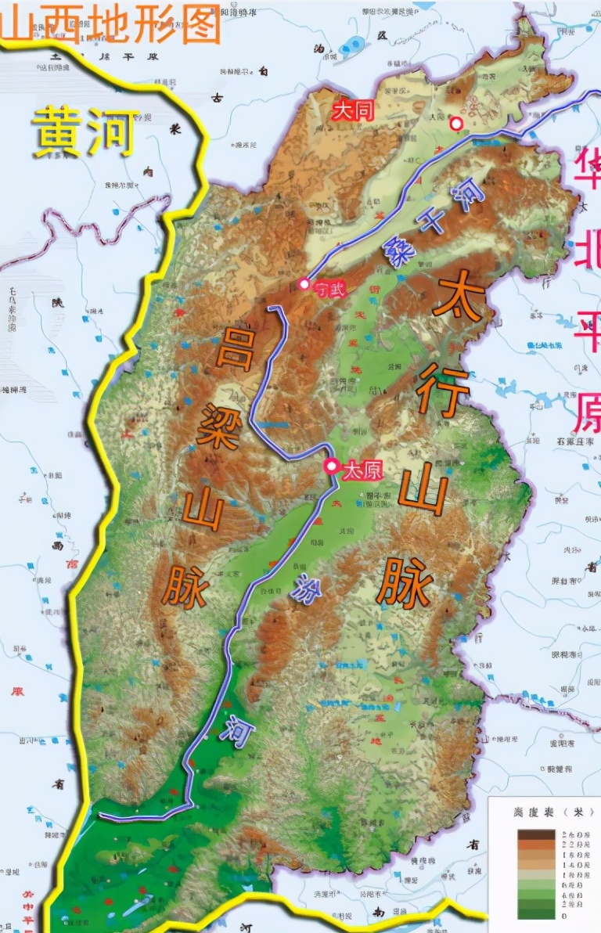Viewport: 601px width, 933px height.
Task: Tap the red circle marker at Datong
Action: (x=455, y=123)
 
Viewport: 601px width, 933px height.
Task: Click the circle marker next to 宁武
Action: (x=304, y=283)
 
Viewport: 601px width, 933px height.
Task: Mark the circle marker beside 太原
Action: (x=332, y=467)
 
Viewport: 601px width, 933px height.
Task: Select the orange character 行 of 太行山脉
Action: (x=443, y=389)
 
